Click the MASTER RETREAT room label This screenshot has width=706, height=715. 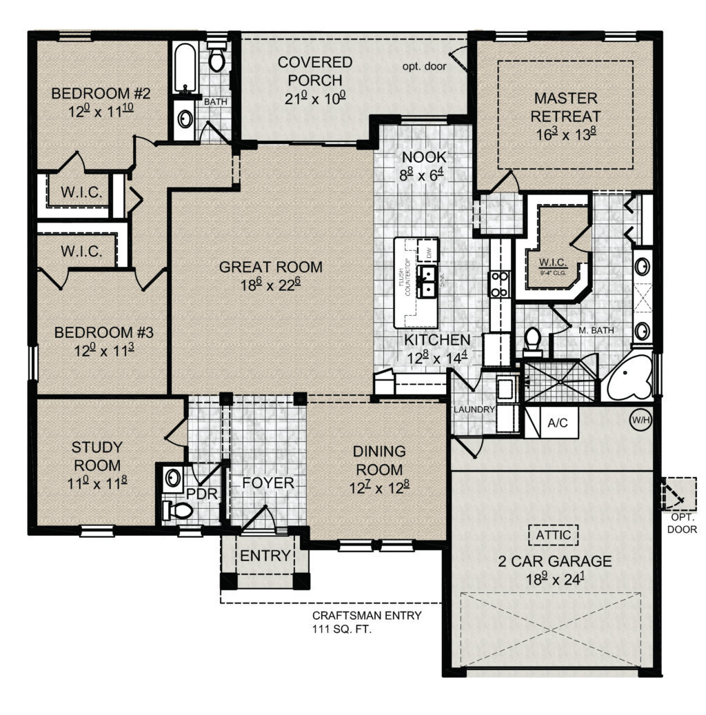(566, 108)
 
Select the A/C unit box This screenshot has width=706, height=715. (557, 423)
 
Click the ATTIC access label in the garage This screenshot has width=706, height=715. (554, 534)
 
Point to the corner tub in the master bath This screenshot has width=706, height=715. (628, 380)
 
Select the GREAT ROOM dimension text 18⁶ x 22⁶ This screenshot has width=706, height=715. (270, 285)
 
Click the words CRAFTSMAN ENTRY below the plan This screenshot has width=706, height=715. (366, 616)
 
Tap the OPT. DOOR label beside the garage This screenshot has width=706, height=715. (682, 524)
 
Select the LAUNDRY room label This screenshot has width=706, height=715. (474, 409)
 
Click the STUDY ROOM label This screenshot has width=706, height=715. (97, 456)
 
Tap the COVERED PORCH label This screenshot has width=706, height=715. (315, 71)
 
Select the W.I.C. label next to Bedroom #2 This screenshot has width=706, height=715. (81, 193)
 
